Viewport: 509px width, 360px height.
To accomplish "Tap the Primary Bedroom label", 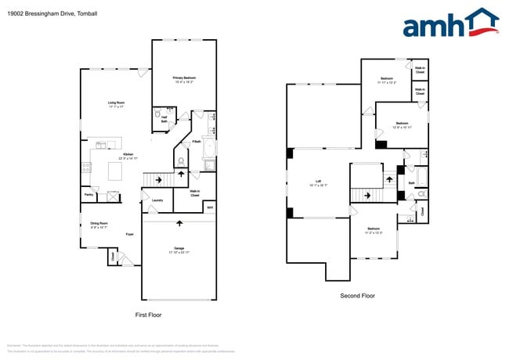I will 184,79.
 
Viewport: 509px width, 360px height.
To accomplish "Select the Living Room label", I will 117,103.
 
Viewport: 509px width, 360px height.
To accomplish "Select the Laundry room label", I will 157,200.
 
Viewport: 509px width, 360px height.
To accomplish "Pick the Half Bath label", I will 164,120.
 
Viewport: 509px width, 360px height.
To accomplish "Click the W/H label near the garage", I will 209,207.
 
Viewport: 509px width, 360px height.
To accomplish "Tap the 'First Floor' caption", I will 148,315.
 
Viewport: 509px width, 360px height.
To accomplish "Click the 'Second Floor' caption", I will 357,296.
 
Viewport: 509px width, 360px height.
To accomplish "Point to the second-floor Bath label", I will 411,183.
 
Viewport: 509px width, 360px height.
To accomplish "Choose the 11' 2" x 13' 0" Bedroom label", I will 374,230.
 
